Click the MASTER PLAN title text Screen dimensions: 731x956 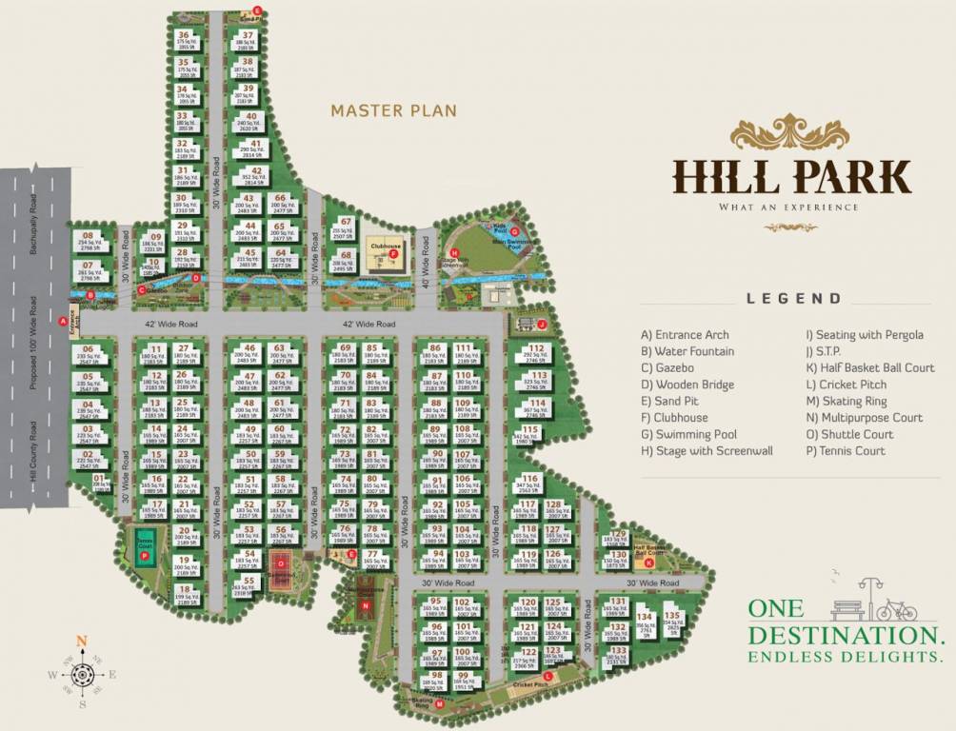pyautogui.click(x=393, y=110)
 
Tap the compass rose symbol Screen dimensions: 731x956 pyautogui.click(x=82, y=674)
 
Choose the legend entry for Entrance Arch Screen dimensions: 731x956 pyautogui.click(x=686, y=334)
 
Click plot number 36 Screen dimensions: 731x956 pyautogui.click(x=184, y=35)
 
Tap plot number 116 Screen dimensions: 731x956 pyautogui.click(x=529, y=479)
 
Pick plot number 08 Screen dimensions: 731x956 pyautogui.click(x=88, y=235)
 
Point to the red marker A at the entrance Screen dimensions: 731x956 pyautogui.click(x=63, y=322)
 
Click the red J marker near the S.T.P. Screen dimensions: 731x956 pyautogui.click(x=542, y=324)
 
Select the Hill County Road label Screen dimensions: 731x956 pyautogui.click(x=33, y=456)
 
